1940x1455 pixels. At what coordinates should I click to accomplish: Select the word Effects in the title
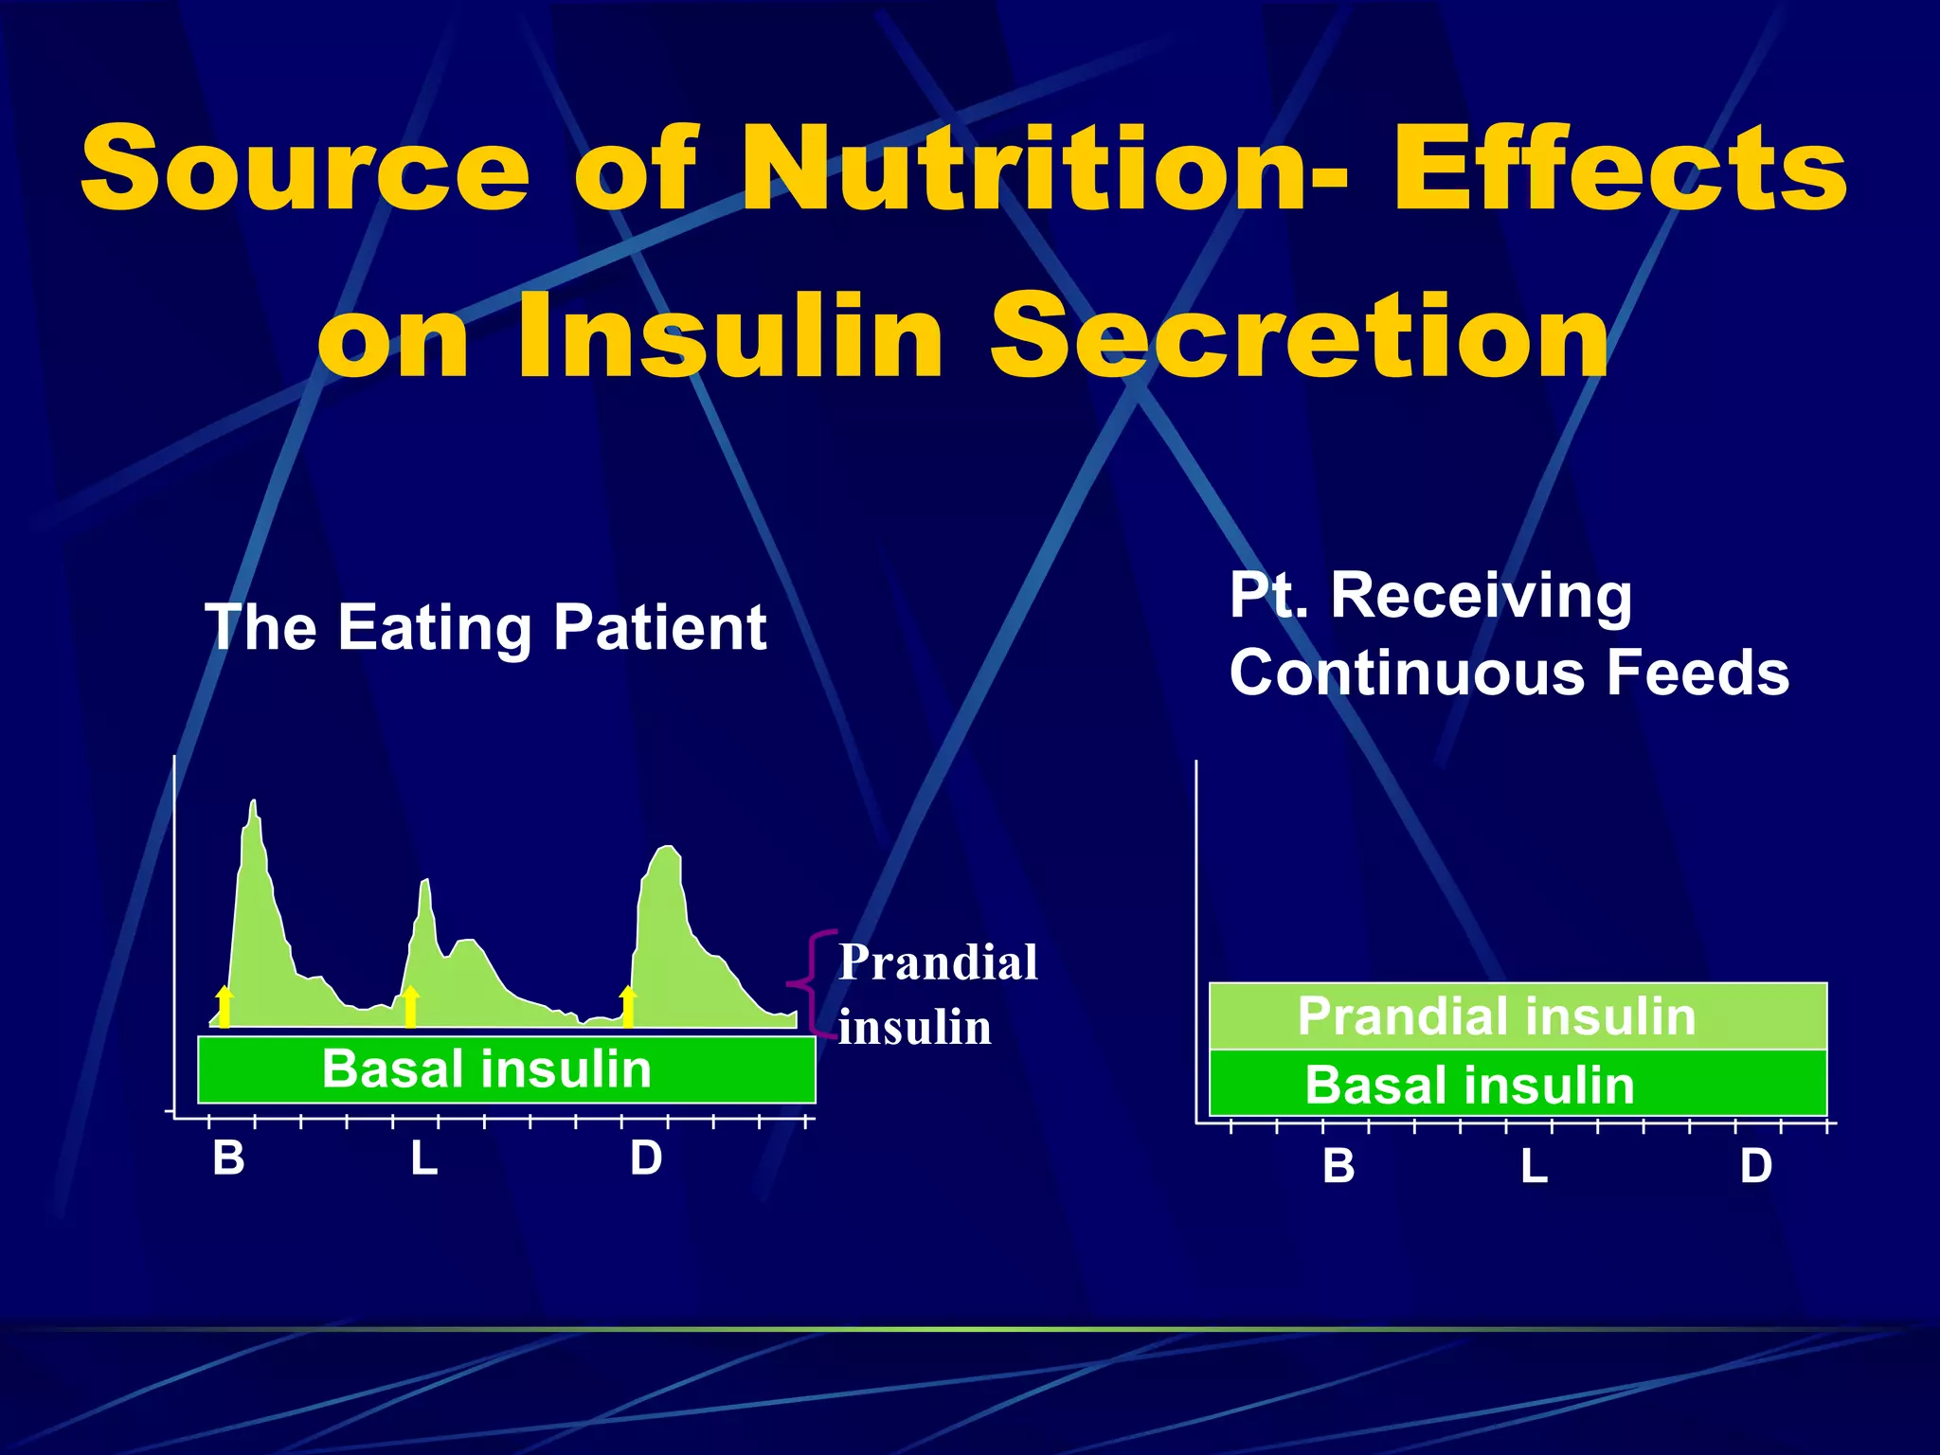[1619, 171]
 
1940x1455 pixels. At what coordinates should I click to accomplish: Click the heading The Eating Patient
[485, 628]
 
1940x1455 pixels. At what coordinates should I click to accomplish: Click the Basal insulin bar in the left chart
[506, 1070]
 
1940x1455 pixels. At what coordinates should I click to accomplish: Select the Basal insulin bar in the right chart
[1517, 1085]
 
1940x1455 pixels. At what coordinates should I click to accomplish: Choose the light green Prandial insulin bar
[1517, 1016]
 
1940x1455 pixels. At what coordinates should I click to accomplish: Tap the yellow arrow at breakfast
[225, 1006]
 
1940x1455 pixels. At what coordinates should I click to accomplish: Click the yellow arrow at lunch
[410, 1006]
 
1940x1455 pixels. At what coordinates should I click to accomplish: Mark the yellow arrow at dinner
[627, 1006]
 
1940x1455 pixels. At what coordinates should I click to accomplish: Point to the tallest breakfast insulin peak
[253, 805]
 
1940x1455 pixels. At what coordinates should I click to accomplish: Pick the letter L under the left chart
[423, 1159]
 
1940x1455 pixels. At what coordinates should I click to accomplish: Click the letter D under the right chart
[1755, 1166]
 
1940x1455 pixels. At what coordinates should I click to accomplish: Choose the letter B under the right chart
[1338, 1166]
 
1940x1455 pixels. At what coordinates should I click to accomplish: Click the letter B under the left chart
[228, 1159]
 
